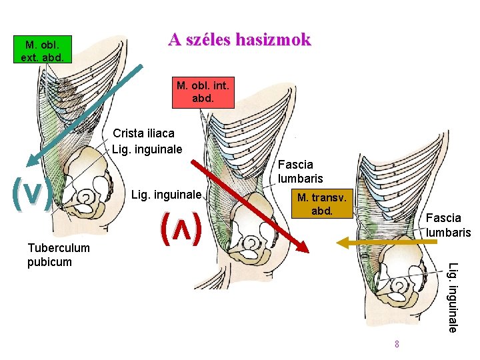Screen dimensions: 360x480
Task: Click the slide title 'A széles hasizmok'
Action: [239, 40]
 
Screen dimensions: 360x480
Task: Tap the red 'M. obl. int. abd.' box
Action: [203, 92]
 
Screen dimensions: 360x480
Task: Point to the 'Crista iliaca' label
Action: [143, 133]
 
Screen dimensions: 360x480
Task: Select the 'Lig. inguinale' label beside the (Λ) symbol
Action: [167, 195]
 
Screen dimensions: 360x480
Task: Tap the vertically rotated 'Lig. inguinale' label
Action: [453, 297]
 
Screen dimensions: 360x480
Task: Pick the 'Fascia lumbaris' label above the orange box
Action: [300, 171]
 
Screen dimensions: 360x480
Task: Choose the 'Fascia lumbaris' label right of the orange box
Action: [448, 225]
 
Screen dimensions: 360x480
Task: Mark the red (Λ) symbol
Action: [181, 229]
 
